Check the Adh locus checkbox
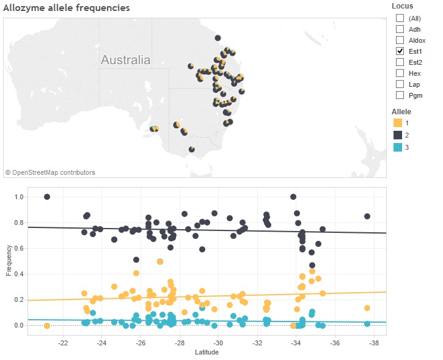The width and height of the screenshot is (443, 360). pyautogui.click(x=400, y=29)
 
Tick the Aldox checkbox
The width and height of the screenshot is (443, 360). pyautogui.click(x=400, y=40)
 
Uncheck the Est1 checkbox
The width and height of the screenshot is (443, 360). pyautogui.click(x=400, y=51)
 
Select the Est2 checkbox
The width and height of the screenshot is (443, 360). pyautogui.click(x=400, y=62)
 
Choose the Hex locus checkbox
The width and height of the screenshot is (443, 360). pyautogui.click(x=400, y=73)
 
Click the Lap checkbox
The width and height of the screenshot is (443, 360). pyautogui.click(x=400, y=84)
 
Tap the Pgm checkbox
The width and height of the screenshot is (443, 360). pyautogui.click(x=400, y=95)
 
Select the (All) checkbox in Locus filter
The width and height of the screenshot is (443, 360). pyautogui.click(x=400, y=18)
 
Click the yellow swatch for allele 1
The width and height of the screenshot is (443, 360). pyautogui.click(x=398, y=123)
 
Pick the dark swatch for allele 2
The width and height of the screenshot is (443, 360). pyautogui.click(x=398, y=136)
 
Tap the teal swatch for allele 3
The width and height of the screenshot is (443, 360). pyautogui.click(x=398, y=148)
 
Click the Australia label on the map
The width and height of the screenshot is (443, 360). pyautogui.click(x=125, y=61)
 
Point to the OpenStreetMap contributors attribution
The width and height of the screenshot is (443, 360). pyautogui.click(x=50, y=173)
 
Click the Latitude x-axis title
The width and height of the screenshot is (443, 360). pyautogui.click(x=207, y=353)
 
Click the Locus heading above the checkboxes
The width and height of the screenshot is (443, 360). pyautogui.click(x=402, y=6)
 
